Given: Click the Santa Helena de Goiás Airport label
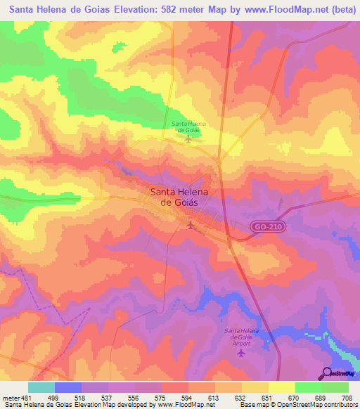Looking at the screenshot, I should click(x=242, y=334).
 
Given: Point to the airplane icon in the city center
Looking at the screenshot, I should click(x=191, y=224).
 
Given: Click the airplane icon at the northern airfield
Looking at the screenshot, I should click(x=188, y=138).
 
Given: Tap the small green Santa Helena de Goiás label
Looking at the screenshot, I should click(x=187, y=126).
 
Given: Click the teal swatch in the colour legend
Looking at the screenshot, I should click(x=41, y=387).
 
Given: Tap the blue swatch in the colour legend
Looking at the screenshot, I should click(x=68, y=387).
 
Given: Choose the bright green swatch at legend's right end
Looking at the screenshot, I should click(x=335, y=387).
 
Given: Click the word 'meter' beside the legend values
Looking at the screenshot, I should click(x=10, y=397).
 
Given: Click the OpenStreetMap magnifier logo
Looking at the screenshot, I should click(x=326, y=374).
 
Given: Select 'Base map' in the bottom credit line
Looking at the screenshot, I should click(x=250, y=405).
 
